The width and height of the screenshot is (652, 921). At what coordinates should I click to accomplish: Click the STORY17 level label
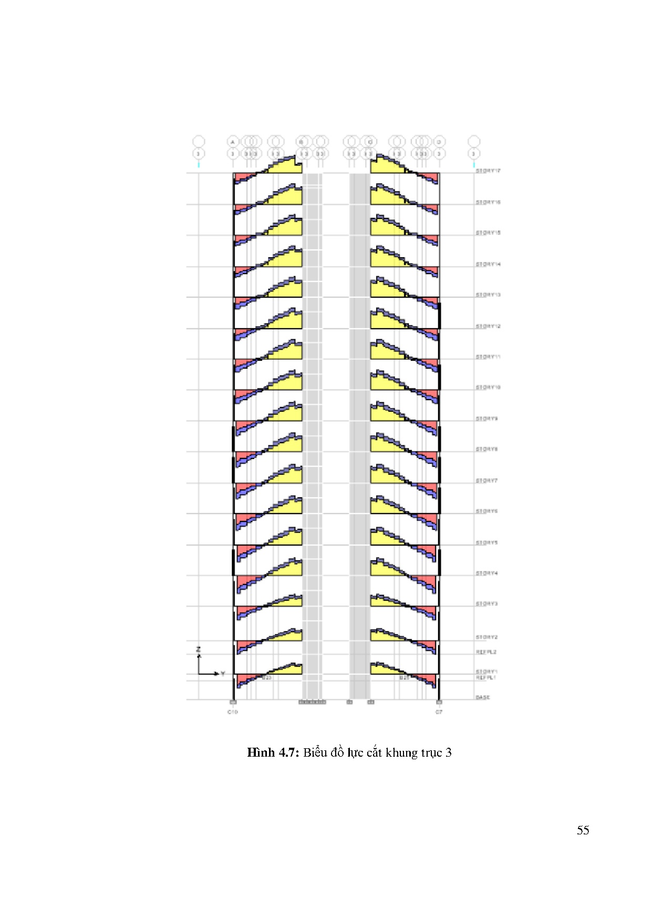point(488,171)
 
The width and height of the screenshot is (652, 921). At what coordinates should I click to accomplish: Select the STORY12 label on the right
point(488,327)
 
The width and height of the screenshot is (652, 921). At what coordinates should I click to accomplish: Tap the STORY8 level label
point(487,449)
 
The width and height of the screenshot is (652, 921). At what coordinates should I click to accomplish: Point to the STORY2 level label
point(487,637)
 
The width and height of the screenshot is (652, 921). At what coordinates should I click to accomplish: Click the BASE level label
point(483,697)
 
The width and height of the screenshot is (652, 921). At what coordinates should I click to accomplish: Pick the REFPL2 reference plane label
point(486,652)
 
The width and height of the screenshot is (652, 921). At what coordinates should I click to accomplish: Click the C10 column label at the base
point(232,712)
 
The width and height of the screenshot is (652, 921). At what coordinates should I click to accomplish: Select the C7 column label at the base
point(439,712)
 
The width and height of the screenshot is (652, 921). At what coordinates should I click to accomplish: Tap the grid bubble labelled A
point(233,142)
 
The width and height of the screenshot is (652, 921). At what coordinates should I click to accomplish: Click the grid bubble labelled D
point(439,142)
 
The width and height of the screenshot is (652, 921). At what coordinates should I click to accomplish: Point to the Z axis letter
point(199,650)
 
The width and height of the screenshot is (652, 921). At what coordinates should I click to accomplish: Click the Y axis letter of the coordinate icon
point(223,673)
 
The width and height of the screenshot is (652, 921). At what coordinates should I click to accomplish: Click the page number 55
point(583,830)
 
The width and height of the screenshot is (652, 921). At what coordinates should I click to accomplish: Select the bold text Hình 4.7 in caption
point(273,752)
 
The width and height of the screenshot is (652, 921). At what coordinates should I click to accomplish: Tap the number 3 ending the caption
point(449,752)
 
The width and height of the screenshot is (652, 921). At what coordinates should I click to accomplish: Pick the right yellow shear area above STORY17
point(386,165)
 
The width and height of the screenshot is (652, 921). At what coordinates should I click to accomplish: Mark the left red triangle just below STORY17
point(242,176)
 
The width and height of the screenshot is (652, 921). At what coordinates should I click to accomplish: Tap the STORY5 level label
point(487,543)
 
